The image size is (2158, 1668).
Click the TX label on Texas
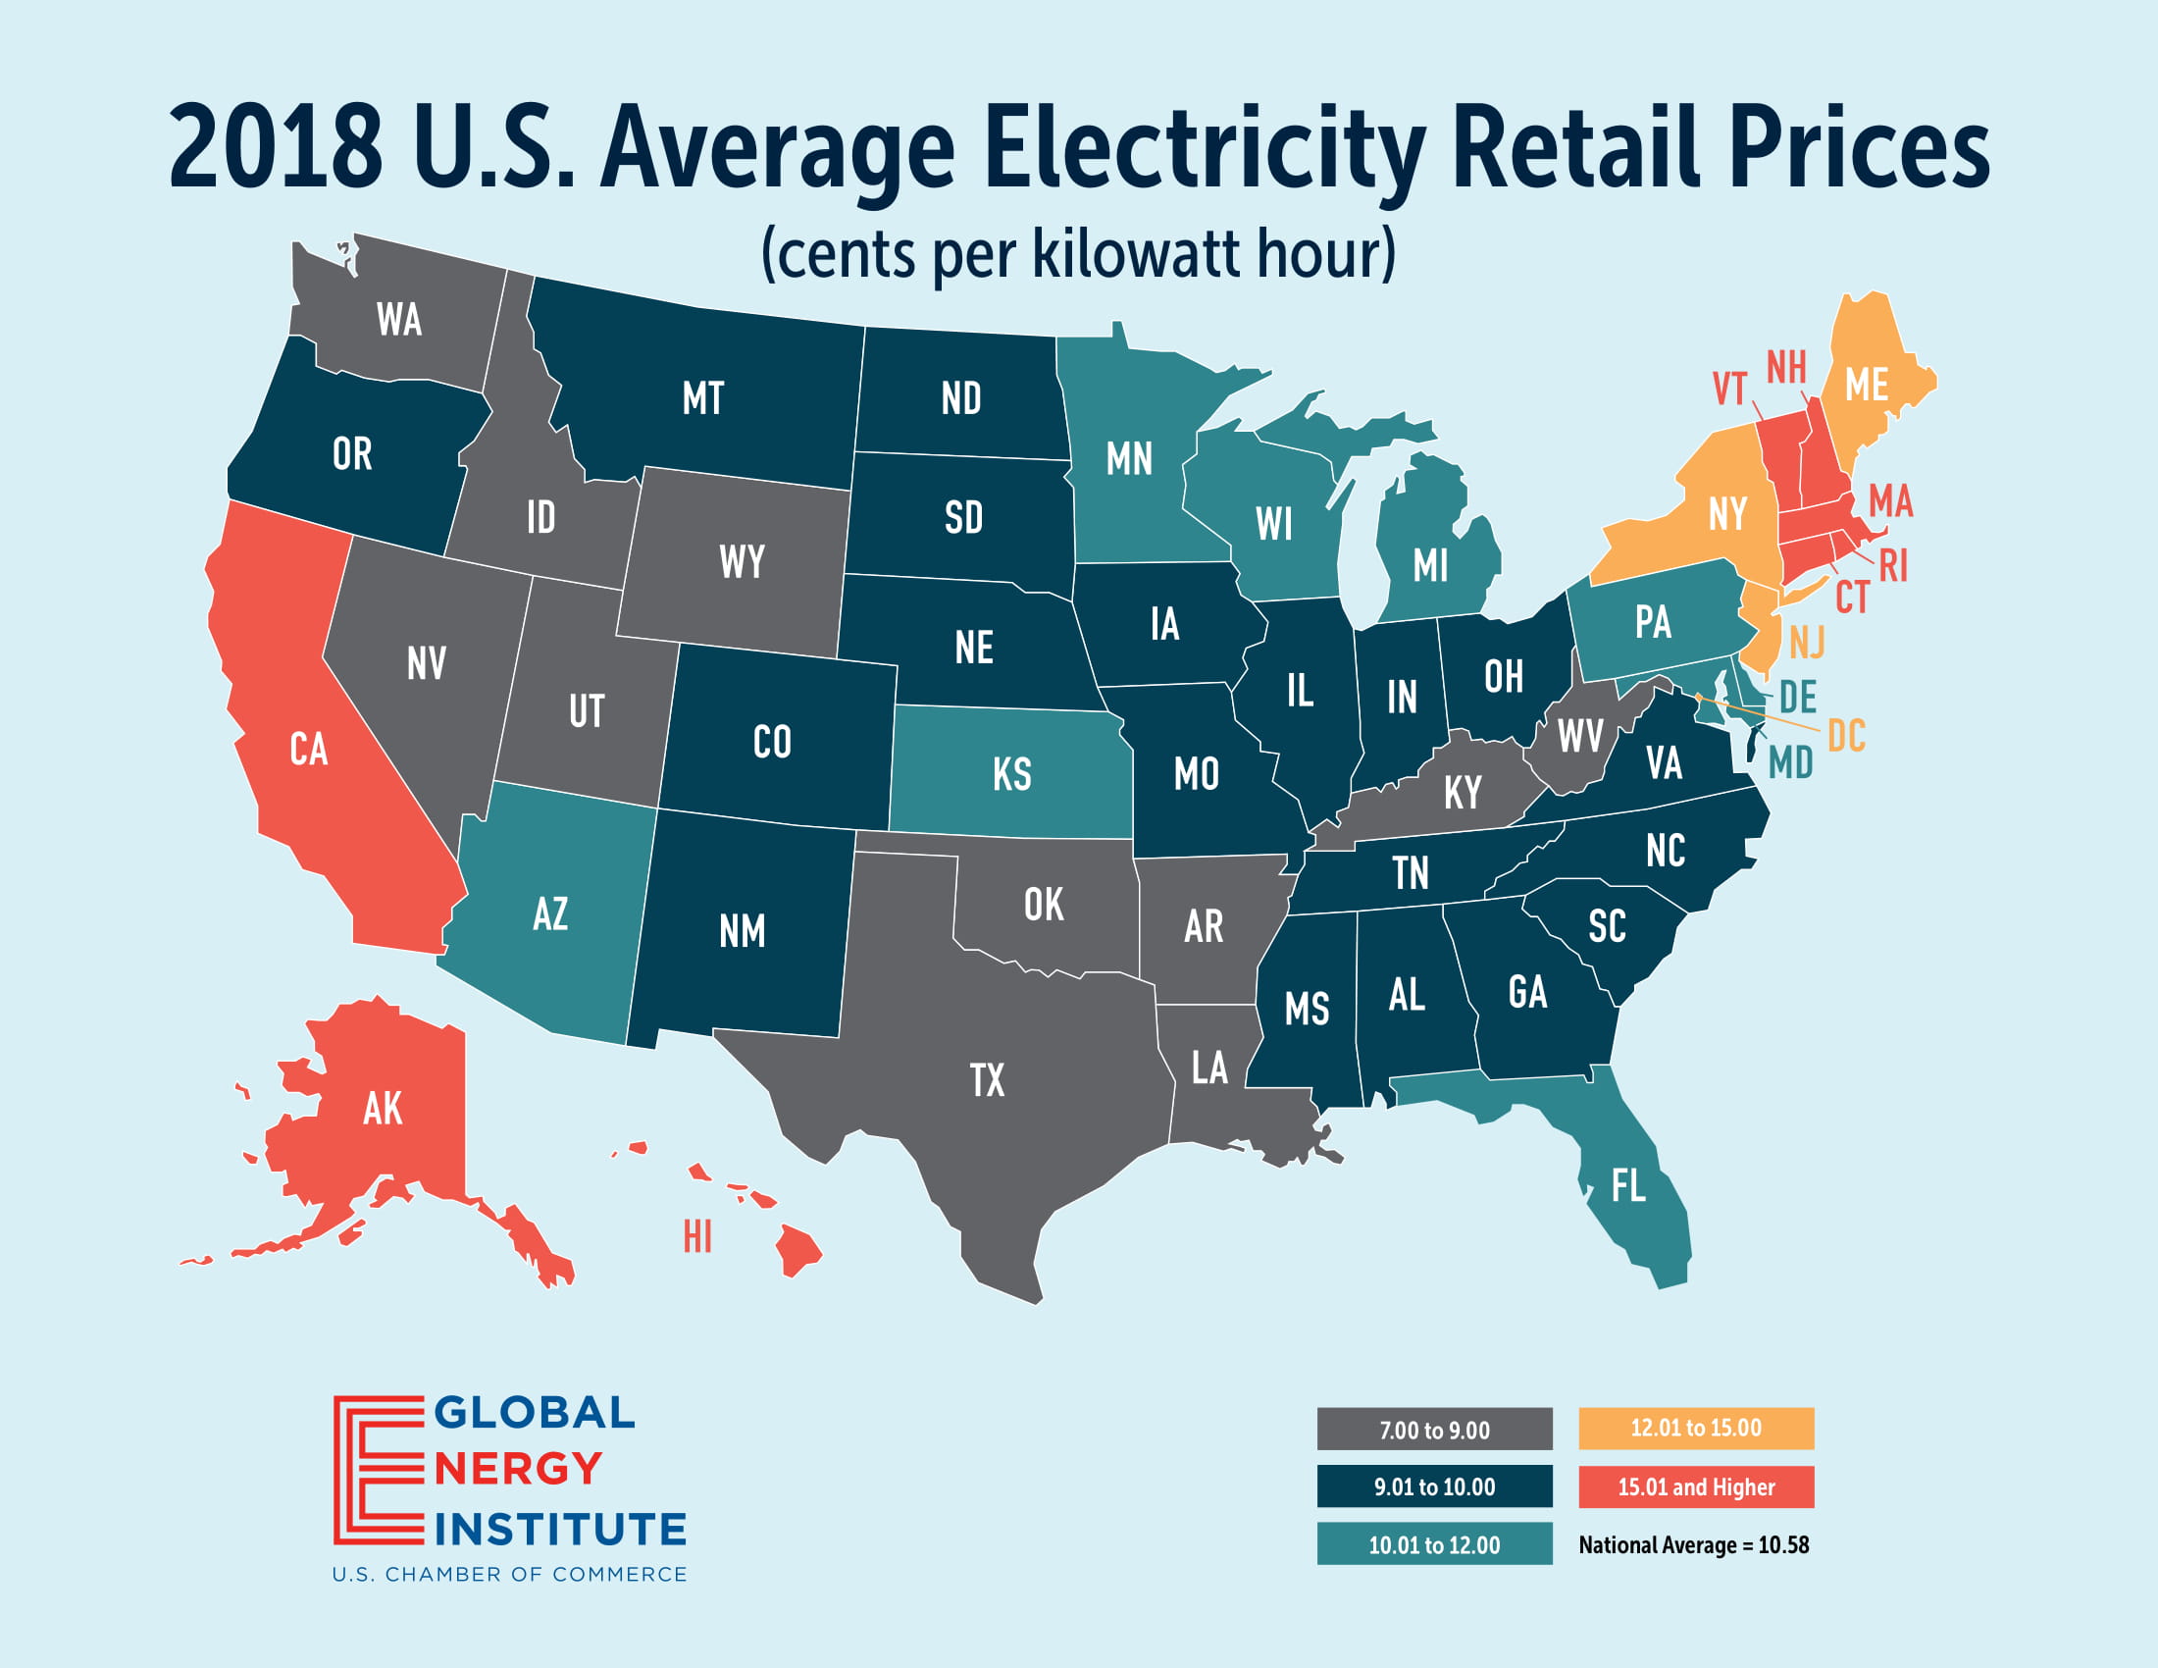pos(987,1080)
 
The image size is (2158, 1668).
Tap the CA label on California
pos(308,749)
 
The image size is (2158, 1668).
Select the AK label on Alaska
pos(383,1109)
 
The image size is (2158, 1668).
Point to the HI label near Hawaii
pos(697,1236)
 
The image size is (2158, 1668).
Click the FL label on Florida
pos(1628,1186)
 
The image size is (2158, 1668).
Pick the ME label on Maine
pos(1867,386)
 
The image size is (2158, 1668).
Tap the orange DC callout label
pos(1846,736)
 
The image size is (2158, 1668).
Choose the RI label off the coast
pos(1893,566)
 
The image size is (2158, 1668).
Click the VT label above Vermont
pos(1729,390)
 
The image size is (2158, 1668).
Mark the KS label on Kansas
pos(1012,775)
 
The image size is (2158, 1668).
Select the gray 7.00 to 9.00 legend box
pos(1434,1429)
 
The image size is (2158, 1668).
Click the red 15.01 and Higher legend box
pos(1696,1486)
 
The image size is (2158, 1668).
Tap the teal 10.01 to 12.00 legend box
pos(1434,1543)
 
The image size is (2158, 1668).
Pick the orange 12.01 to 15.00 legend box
pos(1696,1428)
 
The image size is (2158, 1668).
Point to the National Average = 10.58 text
pos(1694,1544)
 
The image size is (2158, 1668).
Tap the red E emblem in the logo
pos(379,1470)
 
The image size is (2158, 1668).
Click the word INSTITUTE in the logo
pos(560,1529)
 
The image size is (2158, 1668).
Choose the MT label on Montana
pos(702,398)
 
